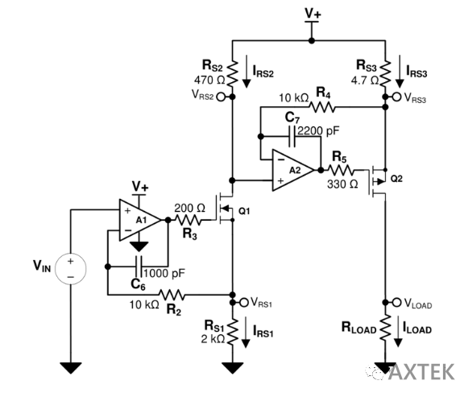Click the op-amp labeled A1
pyautogui.click(x=140, y=220)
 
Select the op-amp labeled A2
pyautogui.click(x=293, y=170)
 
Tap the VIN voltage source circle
pyautogui.click(x=71, y=268)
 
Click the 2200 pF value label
pyautogui.click(x=318, y=130)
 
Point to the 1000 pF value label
pyautogui.click(x=164, y=273)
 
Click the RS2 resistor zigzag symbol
pyautogui.click(x=232, y=73)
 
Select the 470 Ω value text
pyautogui.click(x=209, y=80)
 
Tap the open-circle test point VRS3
pyautogui.click(x=396, y=97)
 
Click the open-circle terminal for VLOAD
pyautogui.click(x=396, y=302)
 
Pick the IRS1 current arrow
pyautogui.click(x=246, y=333)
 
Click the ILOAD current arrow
pyautogui.click(x=398, y=331)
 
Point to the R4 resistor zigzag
pyautogui.click(x=321, y=107)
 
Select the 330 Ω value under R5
pyautogui.click(x=342, y=184)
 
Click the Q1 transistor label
pyautogui.click(x=244, y=211)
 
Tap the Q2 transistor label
pyautogui.click(x=396, y=179)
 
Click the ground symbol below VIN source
pyautogui.click(x=71, y=368)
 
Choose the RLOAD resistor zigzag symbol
pyautogui.click(x=385, y=328)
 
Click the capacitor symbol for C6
pyautogui.click(x=139, y=267)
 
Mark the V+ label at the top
pyautogui.click(x=313, y=14)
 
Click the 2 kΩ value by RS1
pyautogui.click(x=213, y=339)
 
